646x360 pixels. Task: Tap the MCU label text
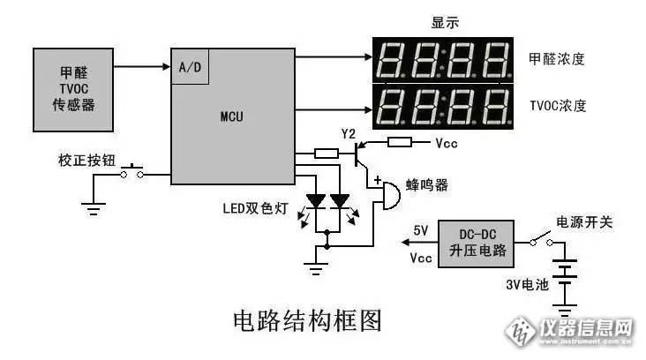(x=232, y=116)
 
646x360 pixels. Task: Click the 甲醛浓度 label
(x=557, y=59)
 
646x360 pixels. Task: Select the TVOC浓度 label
(x=558, y=106)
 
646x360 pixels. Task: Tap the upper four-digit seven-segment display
(x=443, y=59)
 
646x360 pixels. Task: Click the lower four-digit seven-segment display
(x=443, y=106)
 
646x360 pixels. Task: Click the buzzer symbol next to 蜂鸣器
(x=385, y=196)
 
